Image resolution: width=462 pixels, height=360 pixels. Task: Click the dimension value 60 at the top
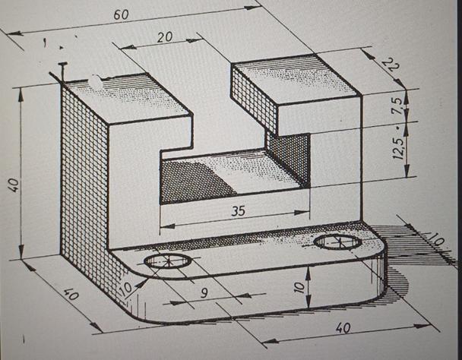click(120, 14)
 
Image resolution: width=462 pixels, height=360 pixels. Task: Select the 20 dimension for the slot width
click(165, 37)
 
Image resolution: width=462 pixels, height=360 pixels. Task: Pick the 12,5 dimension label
click(397, 144)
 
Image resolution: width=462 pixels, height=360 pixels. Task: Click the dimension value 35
click(238, 211)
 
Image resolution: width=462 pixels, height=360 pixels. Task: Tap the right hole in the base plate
click(337, 242)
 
